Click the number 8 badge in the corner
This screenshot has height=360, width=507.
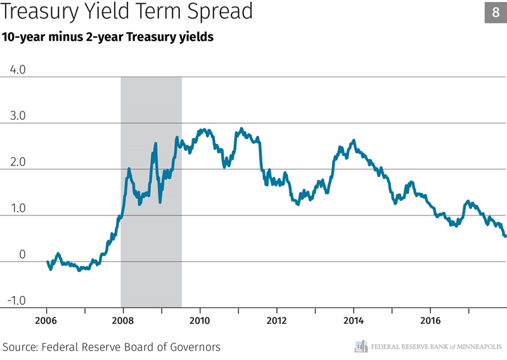click(x=495, y=12)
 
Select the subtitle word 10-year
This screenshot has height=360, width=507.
click(x=26, y=37)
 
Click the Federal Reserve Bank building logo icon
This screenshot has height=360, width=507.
click(x=361, y=346)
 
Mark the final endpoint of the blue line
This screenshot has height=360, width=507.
click(x=505, y=236)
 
